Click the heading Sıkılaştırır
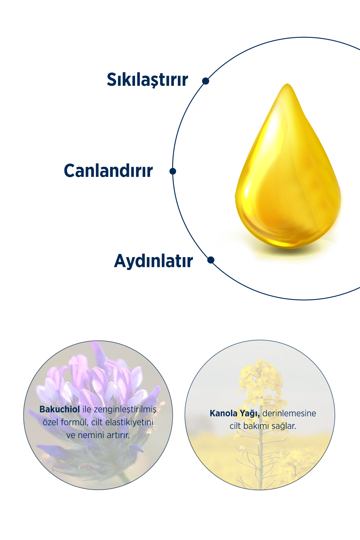pos(147,80)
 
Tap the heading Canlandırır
pos(108,171)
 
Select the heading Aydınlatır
pos(153,261)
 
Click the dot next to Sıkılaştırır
pos(205,81)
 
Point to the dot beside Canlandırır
pos(173,171)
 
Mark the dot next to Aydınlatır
pos(211,260)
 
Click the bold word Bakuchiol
pos(59,409)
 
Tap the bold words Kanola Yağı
pos(235,413)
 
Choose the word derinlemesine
pos(289,413)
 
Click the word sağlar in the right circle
pos(283,426)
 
